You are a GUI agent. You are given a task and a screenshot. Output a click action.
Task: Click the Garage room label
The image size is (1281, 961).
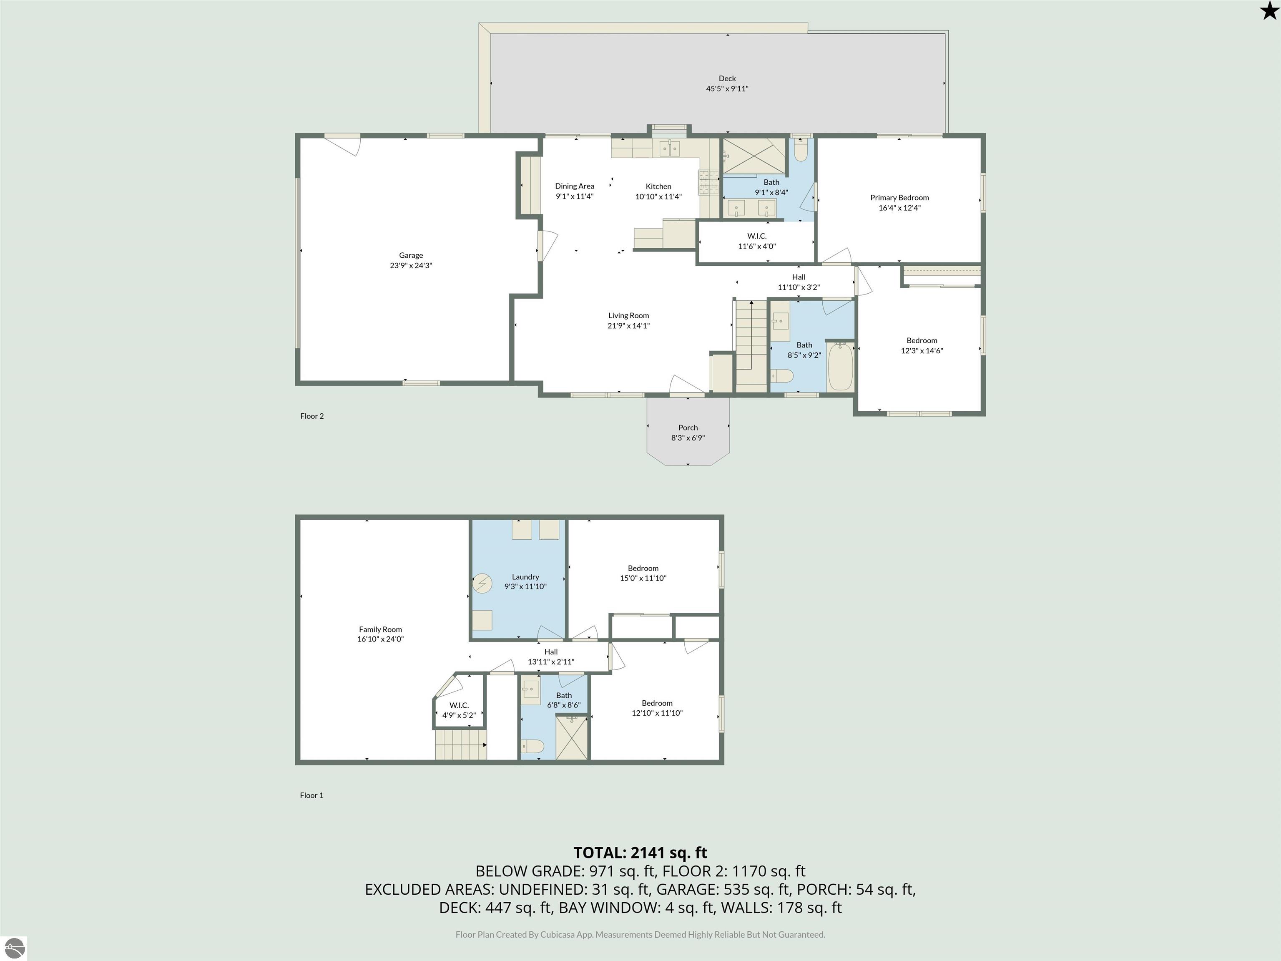pos(411,255)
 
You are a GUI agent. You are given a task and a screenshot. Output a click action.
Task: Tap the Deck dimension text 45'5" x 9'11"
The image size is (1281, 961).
pos(727,88)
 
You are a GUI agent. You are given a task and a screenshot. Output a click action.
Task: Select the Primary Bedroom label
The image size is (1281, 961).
pos(899,198)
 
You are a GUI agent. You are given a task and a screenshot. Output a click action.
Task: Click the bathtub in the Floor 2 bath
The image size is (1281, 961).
pos(840,367)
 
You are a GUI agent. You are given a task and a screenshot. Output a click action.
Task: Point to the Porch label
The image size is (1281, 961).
pos(688,428)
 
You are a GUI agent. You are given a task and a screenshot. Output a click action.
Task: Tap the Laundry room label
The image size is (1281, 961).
pos(525,576)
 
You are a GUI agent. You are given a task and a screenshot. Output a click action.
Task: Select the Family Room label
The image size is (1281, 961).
pos(380,629)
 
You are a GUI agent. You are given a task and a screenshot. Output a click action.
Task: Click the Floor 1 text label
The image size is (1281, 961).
pos(311,795)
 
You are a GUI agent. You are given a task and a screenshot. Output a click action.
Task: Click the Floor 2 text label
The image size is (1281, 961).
pos(311,416)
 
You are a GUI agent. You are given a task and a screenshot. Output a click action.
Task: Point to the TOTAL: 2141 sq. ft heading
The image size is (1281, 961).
pos(640,853)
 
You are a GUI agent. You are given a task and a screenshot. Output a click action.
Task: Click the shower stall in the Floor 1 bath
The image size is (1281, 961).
pos(571,737)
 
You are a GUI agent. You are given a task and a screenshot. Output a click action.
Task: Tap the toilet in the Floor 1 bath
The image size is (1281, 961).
pos(532,746)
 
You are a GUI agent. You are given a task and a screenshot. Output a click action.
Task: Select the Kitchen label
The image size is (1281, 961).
pos(658,186)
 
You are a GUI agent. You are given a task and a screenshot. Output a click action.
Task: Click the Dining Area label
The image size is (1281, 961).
pos(575,186)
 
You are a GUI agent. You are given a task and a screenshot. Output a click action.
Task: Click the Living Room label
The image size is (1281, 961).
pos(628,316)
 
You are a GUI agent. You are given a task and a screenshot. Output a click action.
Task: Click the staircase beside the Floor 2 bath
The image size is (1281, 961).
pos(751,346)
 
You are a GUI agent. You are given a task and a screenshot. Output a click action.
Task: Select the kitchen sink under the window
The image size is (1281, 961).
pos(670,148)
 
